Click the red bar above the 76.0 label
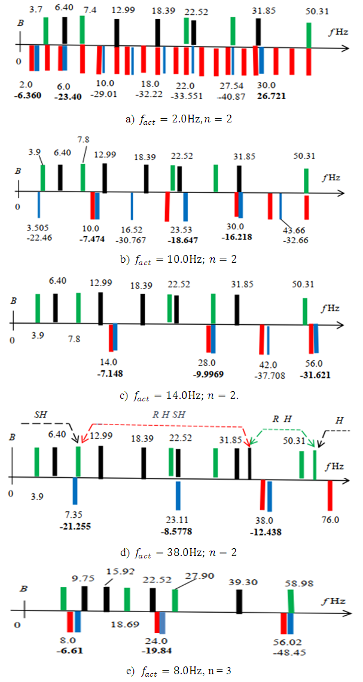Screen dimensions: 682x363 (x=330, y=495)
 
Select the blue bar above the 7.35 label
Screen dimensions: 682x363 (x=75, y=491)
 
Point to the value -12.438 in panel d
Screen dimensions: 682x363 (x=265, y=530)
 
